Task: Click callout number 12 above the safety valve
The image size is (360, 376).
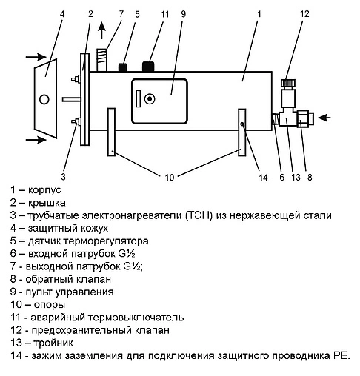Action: point(304,14)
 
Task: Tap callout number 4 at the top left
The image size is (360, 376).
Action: point(62,14)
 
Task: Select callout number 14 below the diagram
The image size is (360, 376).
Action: point(263,178)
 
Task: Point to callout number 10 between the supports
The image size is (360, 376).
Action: point(170,178)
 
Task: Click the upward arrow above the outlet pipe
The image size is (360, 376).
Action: point(101,30)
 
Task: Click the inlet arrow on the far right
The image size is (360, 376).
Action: point(324,118)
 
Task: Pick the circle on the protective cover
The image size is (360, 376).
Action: point(44,99)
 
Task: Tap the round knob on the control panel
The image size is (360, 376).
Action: point(150,99)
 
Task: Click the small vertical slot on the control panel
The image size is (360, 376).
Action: point(139,98)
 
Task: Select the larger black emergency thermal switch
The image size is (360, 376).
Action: point(148,67)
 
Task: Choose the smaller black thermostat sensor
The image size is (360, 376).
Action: point(123,67)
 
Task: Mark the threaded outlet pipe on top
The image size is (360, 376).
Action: point(102,60)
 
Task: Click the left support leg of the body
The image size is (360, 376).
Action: point(111,132)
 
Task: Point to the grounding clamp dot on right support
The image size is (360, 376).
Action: point(242,124)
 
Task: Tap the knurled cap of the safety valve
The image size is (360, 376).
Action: point(288,83)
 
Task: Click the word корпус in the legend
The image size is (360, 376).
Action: point(44,190)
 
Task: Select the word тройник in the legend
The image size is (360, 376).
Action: point(53,343)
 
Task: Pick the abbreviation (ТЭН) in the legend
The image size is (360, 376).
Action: point(199,215)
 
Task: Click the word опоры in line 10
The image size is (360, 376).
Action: point(50,305)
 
